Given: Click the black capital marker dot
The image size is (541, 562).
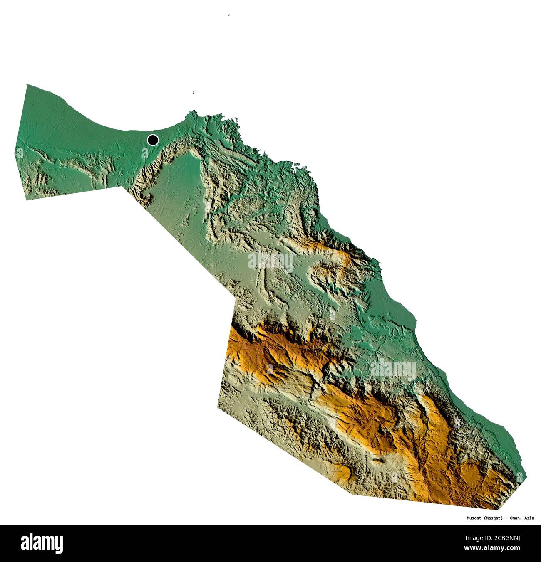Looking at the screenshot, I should click(153, 140).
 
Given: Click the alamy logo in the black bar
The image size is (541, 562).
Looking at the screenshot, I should click(42, 543).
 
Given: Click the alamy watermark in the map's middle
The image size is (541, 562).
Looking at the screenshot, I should click(270, 261).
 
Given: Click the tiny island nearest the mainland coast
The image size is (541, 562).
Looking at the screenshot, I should click(194, 93).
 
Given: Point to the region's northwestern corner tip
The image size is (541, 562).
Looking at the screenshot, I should click(27, 85).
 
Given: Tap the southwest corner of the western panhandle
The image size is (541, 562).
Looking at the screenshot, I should click(27, 200).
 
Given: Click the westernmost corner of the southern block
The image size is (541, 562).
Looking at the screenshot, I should click(217, 407).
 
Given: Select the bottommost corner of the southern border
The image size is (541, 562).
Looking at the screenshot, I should click(497, 509).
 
